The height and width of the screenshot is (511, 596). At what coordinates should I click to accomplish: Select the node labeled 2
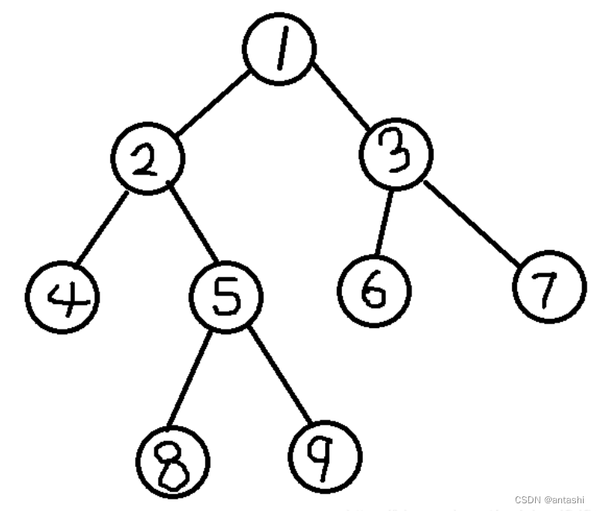[147, 159]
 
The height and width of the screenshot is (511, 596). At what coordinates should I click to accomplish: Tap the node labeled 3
[396, 154]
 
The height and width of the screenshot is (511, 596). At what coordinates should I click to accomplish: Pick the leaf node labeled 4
[61, 296]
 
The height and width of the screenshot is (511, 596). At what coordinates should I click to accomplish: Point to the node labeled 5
[225, 297]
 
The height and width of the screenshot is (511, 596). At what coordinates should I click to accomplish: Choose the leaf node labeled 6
[374, 291]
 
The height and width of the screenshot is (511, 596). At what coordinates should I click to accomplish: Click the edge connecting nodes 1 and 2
[214, 104]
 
